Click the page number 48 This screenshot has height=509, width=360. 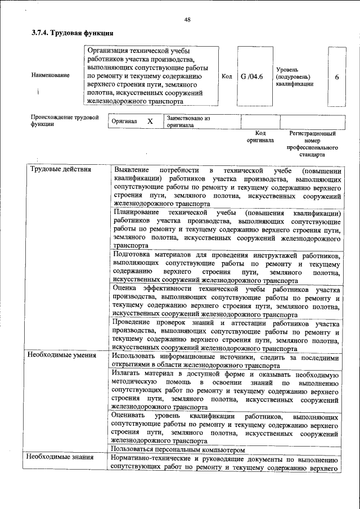pyautogui.click(x=187, y=20)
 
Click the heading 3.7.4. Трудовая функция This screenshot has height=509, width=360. pyautogui.click(x=69, y=34)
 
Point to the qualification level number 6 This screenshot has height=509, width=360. pyautogui.click(x=336, y=76)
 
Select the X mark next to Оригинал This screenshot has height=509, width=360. pyautogui.click(x=150, y=121)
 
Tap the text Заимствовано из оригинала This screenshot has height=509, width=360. pyautogui.click(x=187, y=122)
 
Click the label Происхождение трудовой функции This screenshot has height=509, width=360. pyautogui.click(x=65, y=121)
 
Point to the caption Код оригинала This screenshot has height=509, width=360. pyautogui.click(x=260, y=137)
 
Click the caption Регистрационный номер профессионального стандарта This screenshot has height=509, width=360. pyautogui.click(x=312, y=143)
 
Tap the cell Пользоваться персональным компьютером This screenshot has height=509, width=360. pyautogui.click(x=178, y=450)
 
